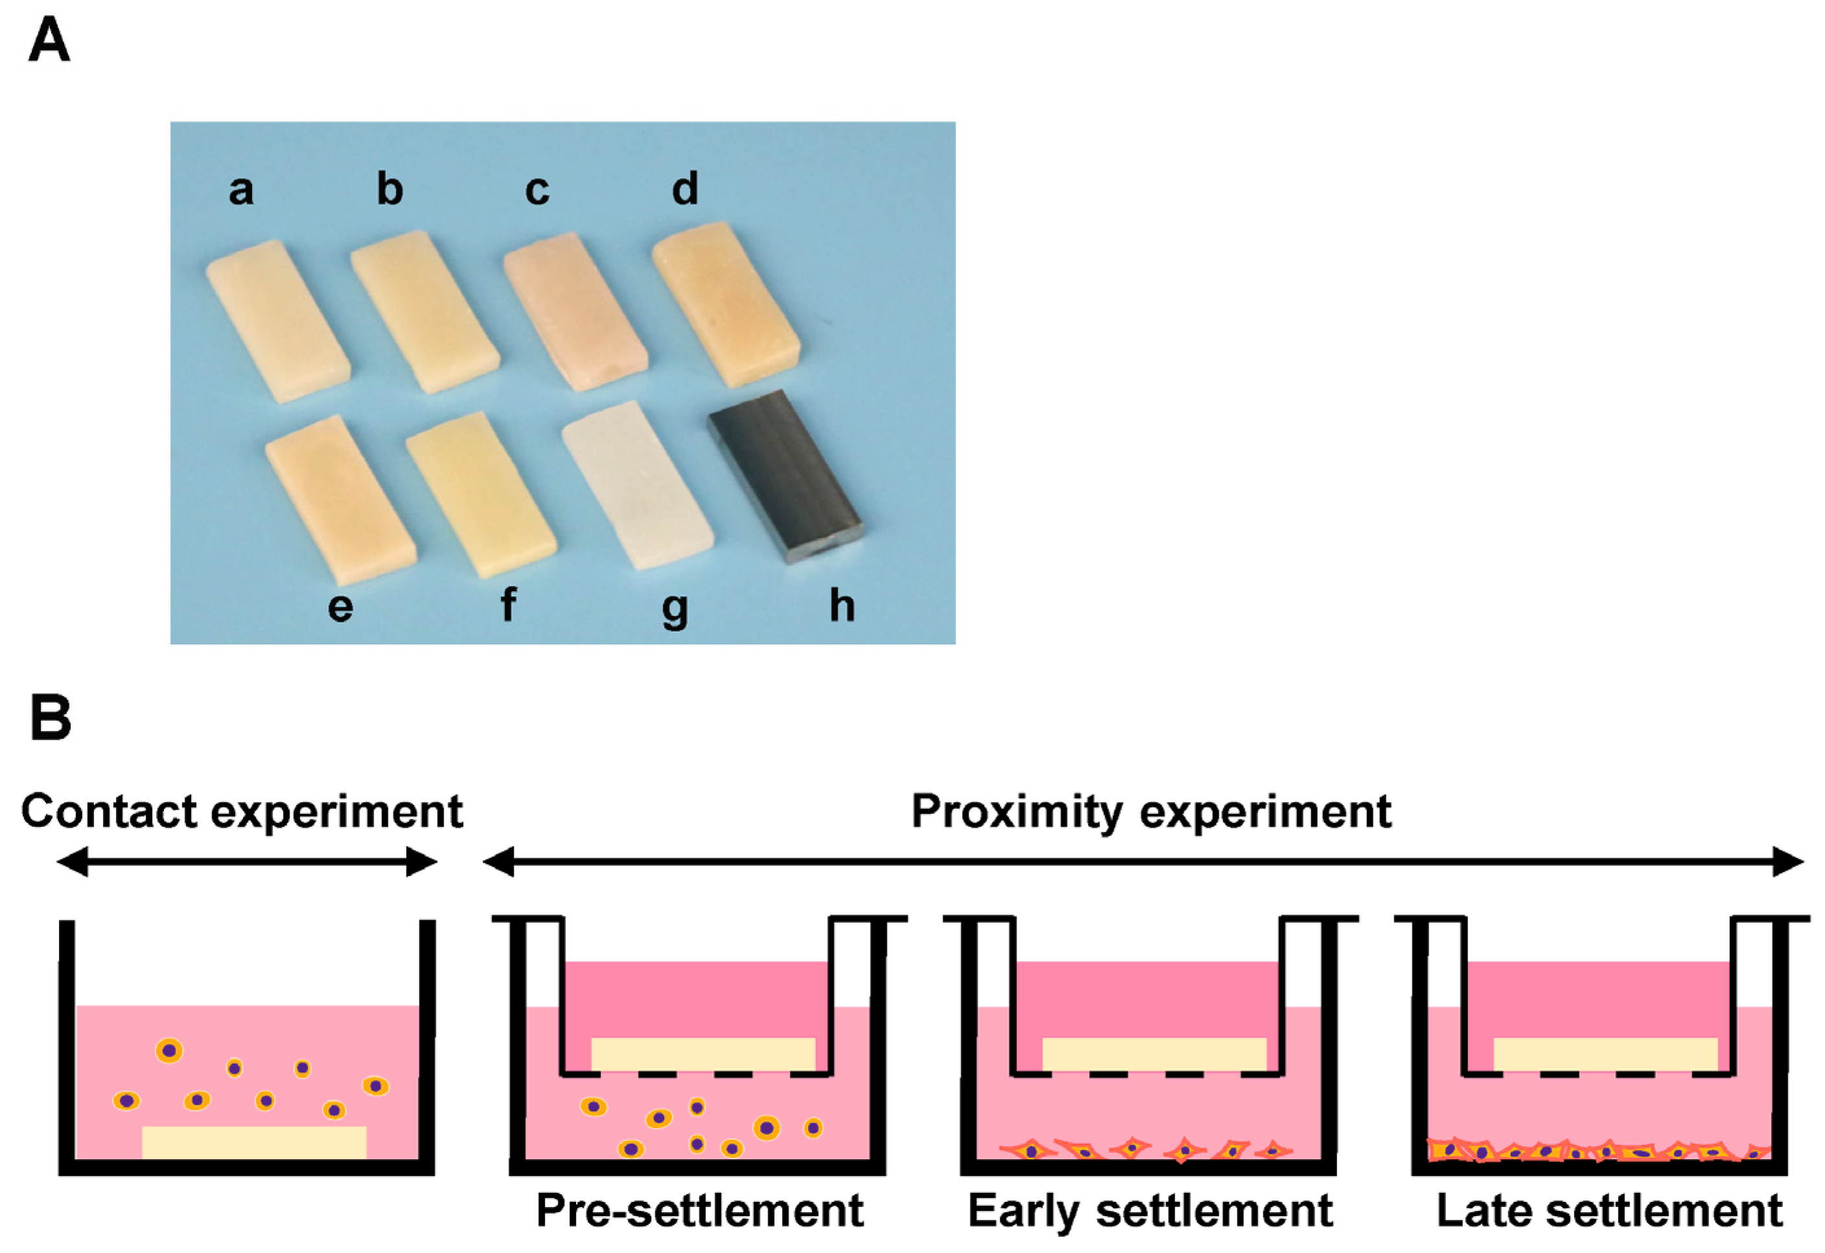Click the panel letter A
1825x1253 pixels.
pyautogui.click(x=49, y=41)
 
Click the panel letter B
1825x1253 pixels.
pyautogui.click(x=51, y=717)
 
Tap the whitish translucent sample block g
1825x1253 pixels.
pyautogui.click(x=637, y=484)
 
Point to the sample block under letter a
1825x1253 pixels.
pyautogui.click(x=278, y=322)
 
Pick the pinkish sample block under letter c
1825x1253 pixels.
pyautogui.click(x=575, y=311)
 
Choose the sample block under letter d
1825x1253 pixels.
pyautogui.click(x=726, y=304)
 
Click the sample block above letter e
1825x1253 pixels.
pyautogui.click(x=340, y=499)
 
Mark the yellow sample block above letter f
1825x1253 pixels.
pyautogui.click(x=481, y=495)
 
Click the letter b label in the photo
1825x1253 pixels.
pyautogui.click(x=389, y=190)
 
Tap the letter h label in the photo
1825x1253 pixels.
pyautogui.click(x=842, y=606)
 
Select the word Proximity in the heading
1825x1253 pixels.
pyautogui.click(x=1018, y=813)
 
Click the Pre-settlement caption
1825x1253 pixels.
pyautogui.click(x=699, y=1211)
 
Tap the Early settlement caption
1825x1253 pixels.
pyautogui.click(x=1150, y=1211)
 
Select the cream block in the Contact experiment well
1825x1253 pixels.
pyautogui.click(x=254, y=1142)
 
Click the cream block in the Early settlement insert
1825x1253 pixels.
pyautogui.click(x=1154, y=1054)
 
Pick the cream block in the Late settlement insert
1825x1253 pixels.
pyautogui.click(x=1605, y=1054)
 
